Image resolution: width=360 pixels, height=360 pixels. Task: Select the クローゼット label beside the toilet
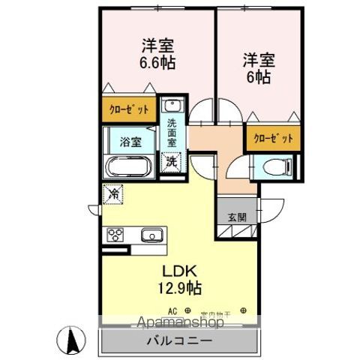click(x=271, y=139)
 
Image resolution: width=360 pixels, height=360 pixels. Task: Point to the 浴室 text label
click(x=130, y=140)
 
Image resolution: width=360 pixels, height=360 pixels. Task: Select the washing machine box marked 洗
click(x=172, y=161)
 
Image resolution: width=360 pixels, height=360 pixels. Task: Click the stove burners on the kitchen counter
click(x=117, y=235)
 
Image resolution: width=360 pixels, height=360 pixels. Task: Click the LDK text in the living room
click(x=178, y=271)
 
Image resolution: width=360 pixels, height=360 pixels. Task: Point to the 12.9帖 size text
click(x=179, y=286)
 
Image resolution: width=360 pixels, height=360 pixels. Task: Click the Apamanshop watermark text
click(x=178, y=323)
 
